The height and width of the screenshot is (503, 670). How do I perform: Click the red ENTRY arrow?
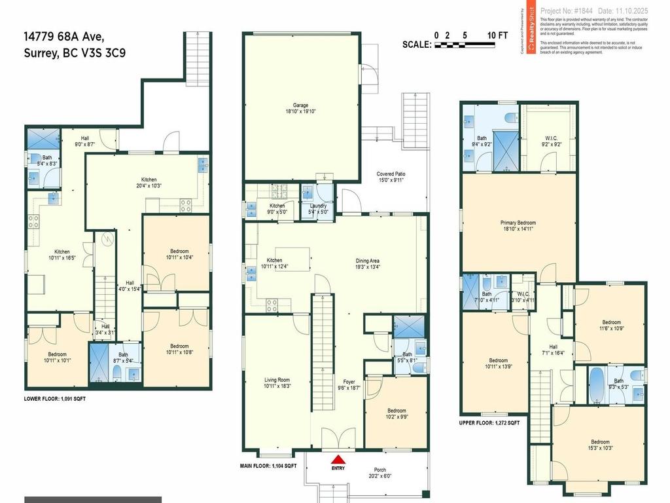pyautogui.click(x=338, y=460)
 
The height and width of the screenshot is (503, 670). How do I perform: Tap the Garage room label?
pyautogui.click(x=300, y=108)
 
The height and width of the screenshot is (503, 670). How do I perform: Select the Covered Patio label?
pyautogui.click(x=391, y=177)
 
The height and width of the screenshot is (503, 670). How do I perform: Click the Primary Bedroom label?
pyautogui.click(x=518, y=226)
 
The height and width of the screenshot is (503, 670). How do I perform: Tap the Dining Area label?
pyautogui.click(x=367, y=263)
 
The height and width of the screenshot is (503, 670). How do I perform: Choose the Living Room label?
pyautogui.click(x=277, y=383)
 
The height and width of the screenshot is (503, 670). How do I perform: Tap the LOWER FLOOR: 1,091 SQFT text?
pyautogui.click(x=55, y=398)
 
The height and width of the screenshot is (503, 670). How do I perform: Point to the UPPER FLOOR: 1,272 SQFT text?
pyautogui.click(x=489, y=423)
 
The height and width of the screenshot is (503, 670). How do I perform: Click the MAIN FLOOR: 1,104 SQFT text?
pyautogui.click(x=268, y=466)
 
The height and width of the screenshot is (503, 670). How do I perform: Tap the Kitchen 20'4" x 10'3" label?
pyautogui.click(x=149, y=183)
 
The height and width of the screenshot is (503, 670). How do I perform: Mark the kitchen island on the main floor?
pyautogui.click(x=289, y=256)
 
